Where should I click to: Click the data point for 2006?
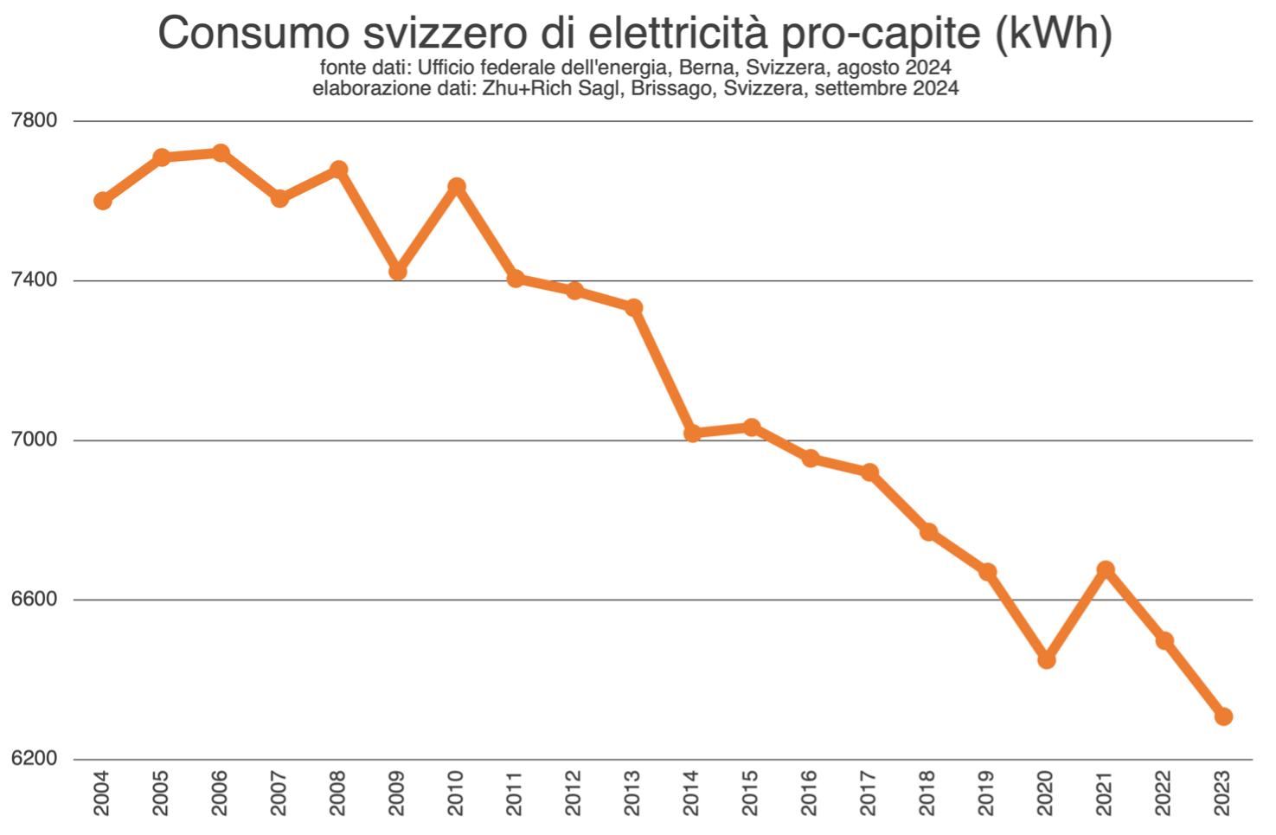tap(221, 153)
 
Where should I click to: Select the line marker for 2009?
tap(398, 271)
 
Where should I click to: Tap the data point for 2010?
tap(457, 187)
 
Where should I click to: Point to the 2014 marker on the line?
tap(692, 433)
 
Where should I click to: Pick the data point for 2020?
tap(1047, 659)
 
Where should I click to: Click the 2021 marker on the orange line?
tap(1106, 569)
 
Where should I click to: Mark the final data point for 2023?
tap(1223, 716)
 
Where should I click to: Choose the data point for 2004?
tap(103, 201)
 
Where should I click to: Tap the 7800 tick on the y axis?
tap(35, 119)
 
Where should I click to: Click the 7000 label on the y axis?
tap(35, 440)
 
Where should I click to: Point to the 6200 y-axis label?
tap(35, 759)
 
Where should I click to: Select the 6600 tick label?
tap(35, 599)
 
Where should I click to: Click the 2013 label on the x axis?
tap(633, 793)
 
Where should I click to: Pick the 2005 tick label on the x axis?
tap(161, 793)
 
